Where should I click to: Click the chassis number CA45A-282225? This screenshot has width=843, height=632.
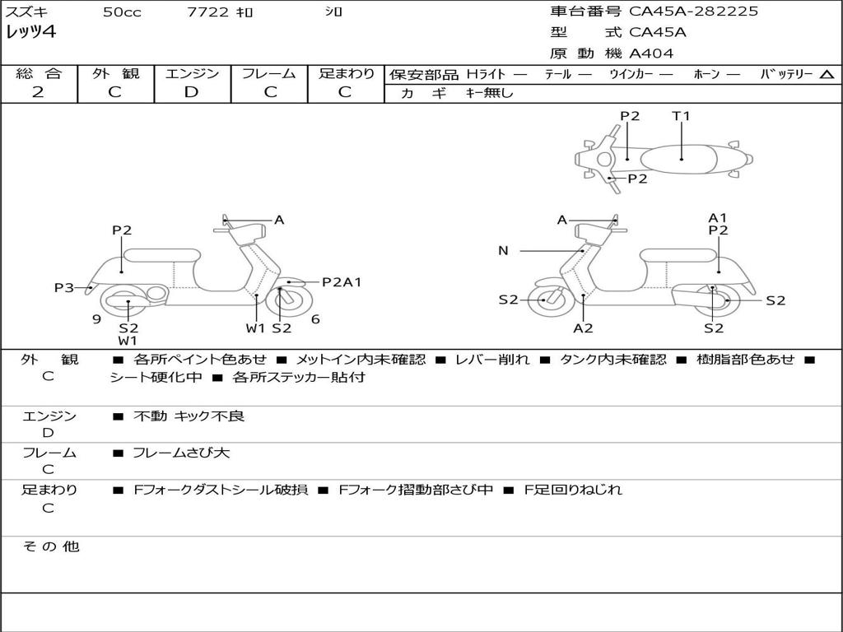[x=693, y=12]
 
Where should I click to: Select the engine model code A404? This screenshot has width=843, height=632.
[x=651, y=53]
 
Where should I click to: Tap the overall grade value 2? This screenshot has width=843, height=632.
[x=38, y=92]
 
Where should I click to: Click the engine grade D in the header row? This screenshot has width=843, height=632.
[x=191, y=92]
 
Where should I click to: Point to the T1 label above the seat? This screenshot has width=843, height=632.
[x=681, y=115]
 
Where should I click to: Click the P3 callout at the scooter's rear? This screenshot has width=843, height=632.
[x=64, y=287]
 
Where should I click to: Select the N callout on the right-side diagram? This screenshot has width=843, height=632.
[x=503, y=250]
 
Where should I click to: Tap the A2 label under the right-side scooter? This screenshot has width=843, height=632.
[x=583, y=328]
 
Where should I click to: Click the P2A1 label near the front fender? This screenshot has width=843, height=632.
[x=342, y=282]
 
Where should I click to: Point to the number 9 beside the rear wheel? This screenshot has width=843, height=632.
[x=97, y=319]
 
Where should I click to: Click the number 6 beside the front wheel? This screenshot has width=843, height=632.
[x=315, y=319]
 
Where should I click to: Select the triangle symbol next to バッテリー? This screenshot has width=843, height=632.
[x=827, y=75]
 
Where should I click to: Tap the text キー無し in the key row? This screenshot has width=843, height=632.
[x=489, y=93]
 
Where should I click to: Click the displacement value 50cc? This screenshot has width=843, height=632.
[x=122, y=12]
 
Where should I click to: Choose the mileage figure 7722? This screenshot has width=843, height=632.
[x=207, y=12]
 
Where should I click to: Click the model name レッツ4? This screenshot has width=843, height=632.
[x=30, y=32]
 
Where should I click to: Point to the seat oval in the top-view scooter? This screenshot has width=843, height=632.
[x=678, y=159]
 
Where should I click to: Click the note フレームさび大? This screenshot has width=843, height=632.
[x=181, y=453]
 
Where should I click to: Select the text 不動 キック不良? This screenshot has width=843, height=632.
[x=189, y=416]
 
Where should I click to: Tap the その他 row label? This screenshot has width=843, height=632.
[x=51, y=546]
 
